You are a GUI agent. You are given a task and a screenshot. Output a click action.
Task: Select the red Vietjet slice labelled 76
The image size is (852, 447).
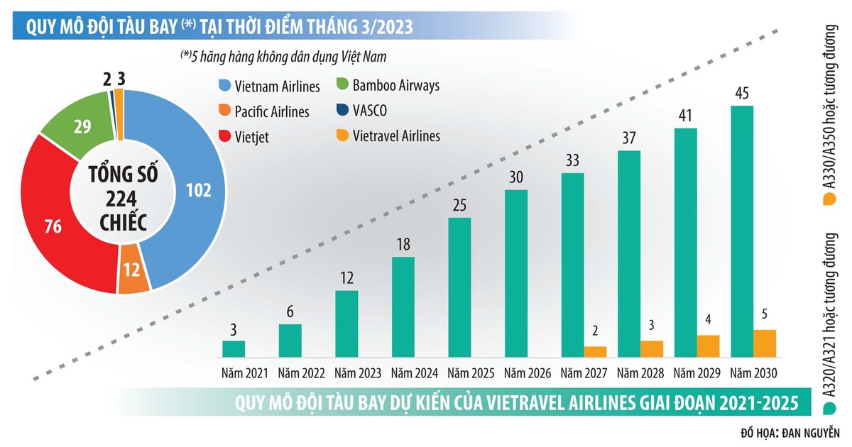pyautogui.click(x=53, y=227)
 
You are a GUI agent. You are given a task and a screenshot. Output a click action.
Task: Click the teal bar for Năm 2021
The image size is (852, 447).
pyautogui.click(x=234, y=348)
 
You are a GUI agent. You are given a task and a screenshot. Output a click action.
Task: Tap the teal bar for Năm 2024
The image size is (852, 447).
pyautogui.click(x=403, y=307)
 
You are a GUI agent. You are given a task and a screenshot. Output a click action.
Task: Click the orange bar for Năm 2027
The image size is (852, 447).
pyautogui.click(x=595, y=352)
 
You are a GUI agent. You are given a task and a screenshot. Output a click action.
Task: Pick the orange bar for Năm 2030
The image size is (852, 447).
pyautogui.click(x=765, y=343)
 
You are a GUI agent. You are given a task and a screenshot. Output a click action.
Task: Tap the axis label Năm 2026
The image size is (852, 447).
pyautogui.click(x=528, y=373)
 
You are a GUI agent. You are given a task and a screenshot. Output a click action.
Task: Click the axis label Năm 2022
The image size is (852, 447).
pyautogui.click(x=301, y=373)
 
